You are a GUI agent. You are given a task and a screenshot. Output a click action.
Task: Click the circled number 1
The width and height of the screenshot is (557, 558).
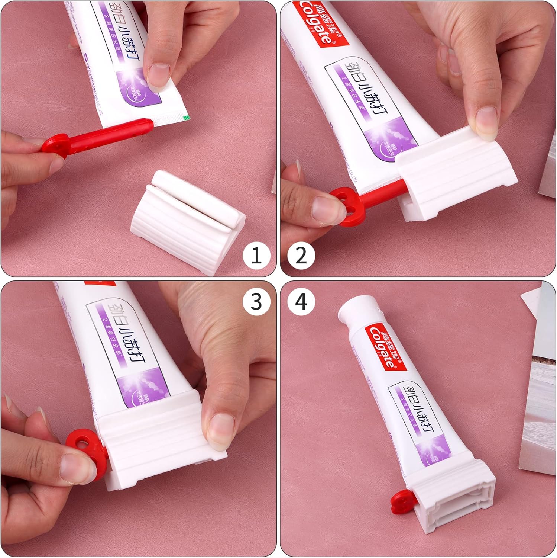coord(256,255)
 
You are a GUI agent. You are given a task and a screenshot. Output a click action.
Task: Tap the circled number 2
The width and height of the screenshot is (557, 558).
coord(301,255)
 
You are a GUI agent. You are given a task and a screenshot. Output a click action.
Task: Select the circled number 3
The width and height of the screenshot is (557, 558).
coord(256,301)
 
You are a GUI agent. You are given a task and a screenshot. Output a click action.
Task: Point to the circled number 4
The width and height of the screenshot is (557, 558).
coord(301,301)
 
